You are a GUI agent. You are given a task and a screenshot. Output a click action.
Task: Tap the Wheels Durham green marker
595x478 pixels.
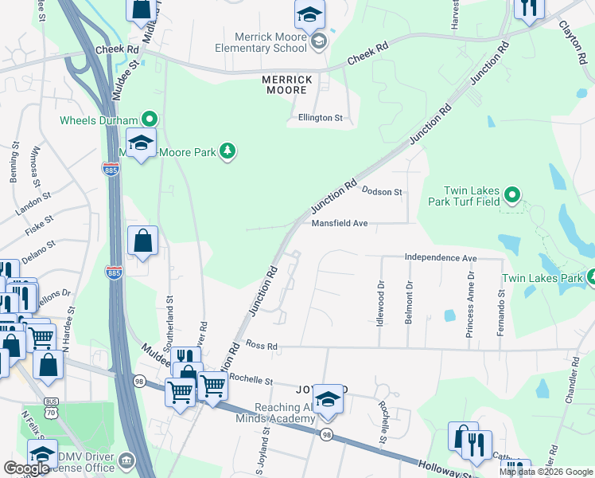(150, 120)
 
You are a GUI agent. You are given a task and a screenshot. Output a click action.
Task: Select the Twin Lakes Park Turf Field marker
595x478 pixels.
(512, 194)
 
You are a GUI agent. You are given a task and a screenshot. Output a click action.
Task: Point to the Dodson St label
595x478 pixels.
(383, 192)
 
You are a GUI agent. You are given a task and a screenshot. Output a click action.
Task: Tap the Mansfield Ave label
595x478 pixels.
(339, 224)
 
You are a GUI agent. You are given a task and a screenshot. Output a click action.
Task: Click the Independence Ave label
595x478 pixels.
(440, 258)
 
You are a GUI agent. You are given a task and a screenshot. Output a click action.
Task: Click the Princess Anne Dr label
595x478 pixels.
(471, 304)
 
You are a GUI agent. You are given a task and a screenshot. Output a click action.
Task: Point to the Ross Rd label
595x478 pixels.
(261, 347)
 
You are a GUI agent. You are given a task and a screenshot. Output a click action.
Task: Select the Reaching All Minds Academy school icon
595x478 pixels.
(328, 400)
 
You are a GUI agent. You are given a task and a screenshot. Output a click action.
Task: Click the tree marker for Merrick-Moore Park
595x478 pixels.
(227, 151)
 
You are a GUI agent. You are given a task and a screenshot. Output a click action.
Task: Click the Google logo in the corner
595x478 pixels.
(25, 468)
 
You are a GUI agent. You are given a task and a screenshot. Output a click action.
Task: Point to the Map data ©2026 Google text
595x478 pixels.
(546, 472)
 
